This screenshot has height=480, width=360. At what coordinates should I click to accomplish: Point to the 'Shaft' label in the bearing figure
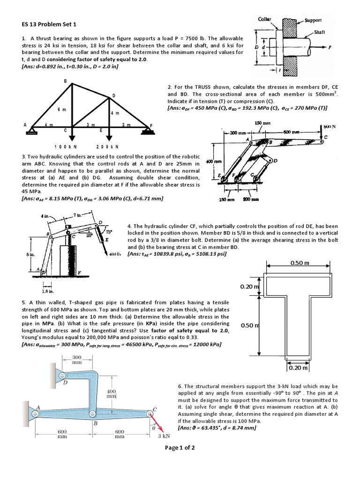tap(319, 32)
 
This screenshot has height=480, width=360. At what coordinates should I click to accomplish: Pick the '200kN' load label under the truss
tap(107, 146)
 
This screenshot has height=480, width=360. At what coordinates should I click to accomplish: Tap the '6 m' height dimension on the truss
tap(61, 109)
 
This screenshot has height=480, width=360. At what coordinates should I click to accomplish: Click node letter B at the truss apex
tap(65, 81)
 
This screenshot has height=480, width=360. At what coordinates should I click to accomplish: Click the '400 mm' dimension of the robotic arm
tap(210, 161)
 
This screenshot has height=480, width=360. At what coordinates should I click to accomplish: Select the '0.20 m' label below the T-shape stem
tap(297, 368)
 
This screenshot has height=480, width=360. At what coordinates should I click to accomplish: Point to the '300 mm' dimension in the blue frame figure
tap(77, 360)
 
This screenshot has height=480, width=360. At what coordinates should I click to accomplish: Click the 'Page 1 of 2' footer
tap(180, 448)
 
